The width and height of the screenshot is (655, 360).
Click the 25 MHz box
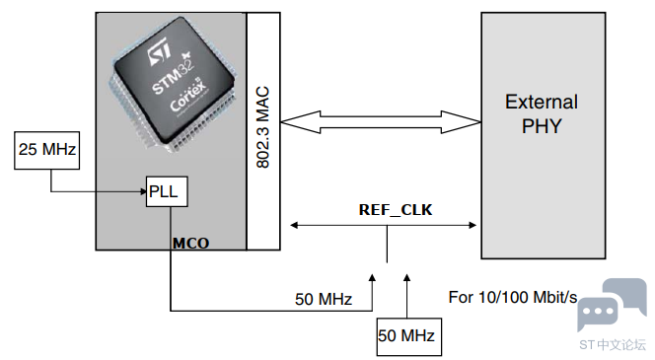46,150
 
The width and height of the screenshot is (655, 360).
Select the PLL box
167,191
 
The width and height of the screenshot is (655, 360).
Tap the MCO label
191,243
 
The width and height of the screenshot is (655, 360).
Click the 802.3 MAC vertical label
262,127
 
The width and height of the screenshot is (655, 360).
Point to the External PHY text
542,113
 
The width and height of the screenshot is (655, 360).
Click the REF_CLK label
396,210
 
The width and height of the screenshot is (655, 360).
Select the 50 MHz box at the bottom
409,336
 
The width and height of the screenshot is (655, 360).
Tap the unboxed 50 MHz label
324,299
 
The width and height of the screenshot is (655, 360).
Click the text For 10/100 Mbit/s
513,297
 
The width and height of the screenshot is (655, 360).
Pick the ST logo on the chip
159,52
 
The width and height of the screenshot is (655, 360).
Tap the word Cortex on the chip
188,96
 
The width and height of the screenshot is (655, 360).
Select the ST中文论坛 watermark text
613,345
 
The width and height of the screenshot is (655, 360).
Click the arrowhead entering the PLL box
143,191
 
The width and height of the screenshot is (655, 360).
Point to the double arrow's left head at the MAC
301,122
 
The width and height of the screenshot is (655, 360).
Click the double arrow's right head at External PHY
462,122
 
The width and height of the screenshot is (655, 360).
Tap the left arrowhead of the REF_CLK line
294,226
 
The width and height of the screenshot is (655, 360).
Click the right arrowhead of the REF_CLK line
473,226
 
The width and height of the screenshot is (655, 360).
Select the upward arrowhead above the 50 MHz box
406,277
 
